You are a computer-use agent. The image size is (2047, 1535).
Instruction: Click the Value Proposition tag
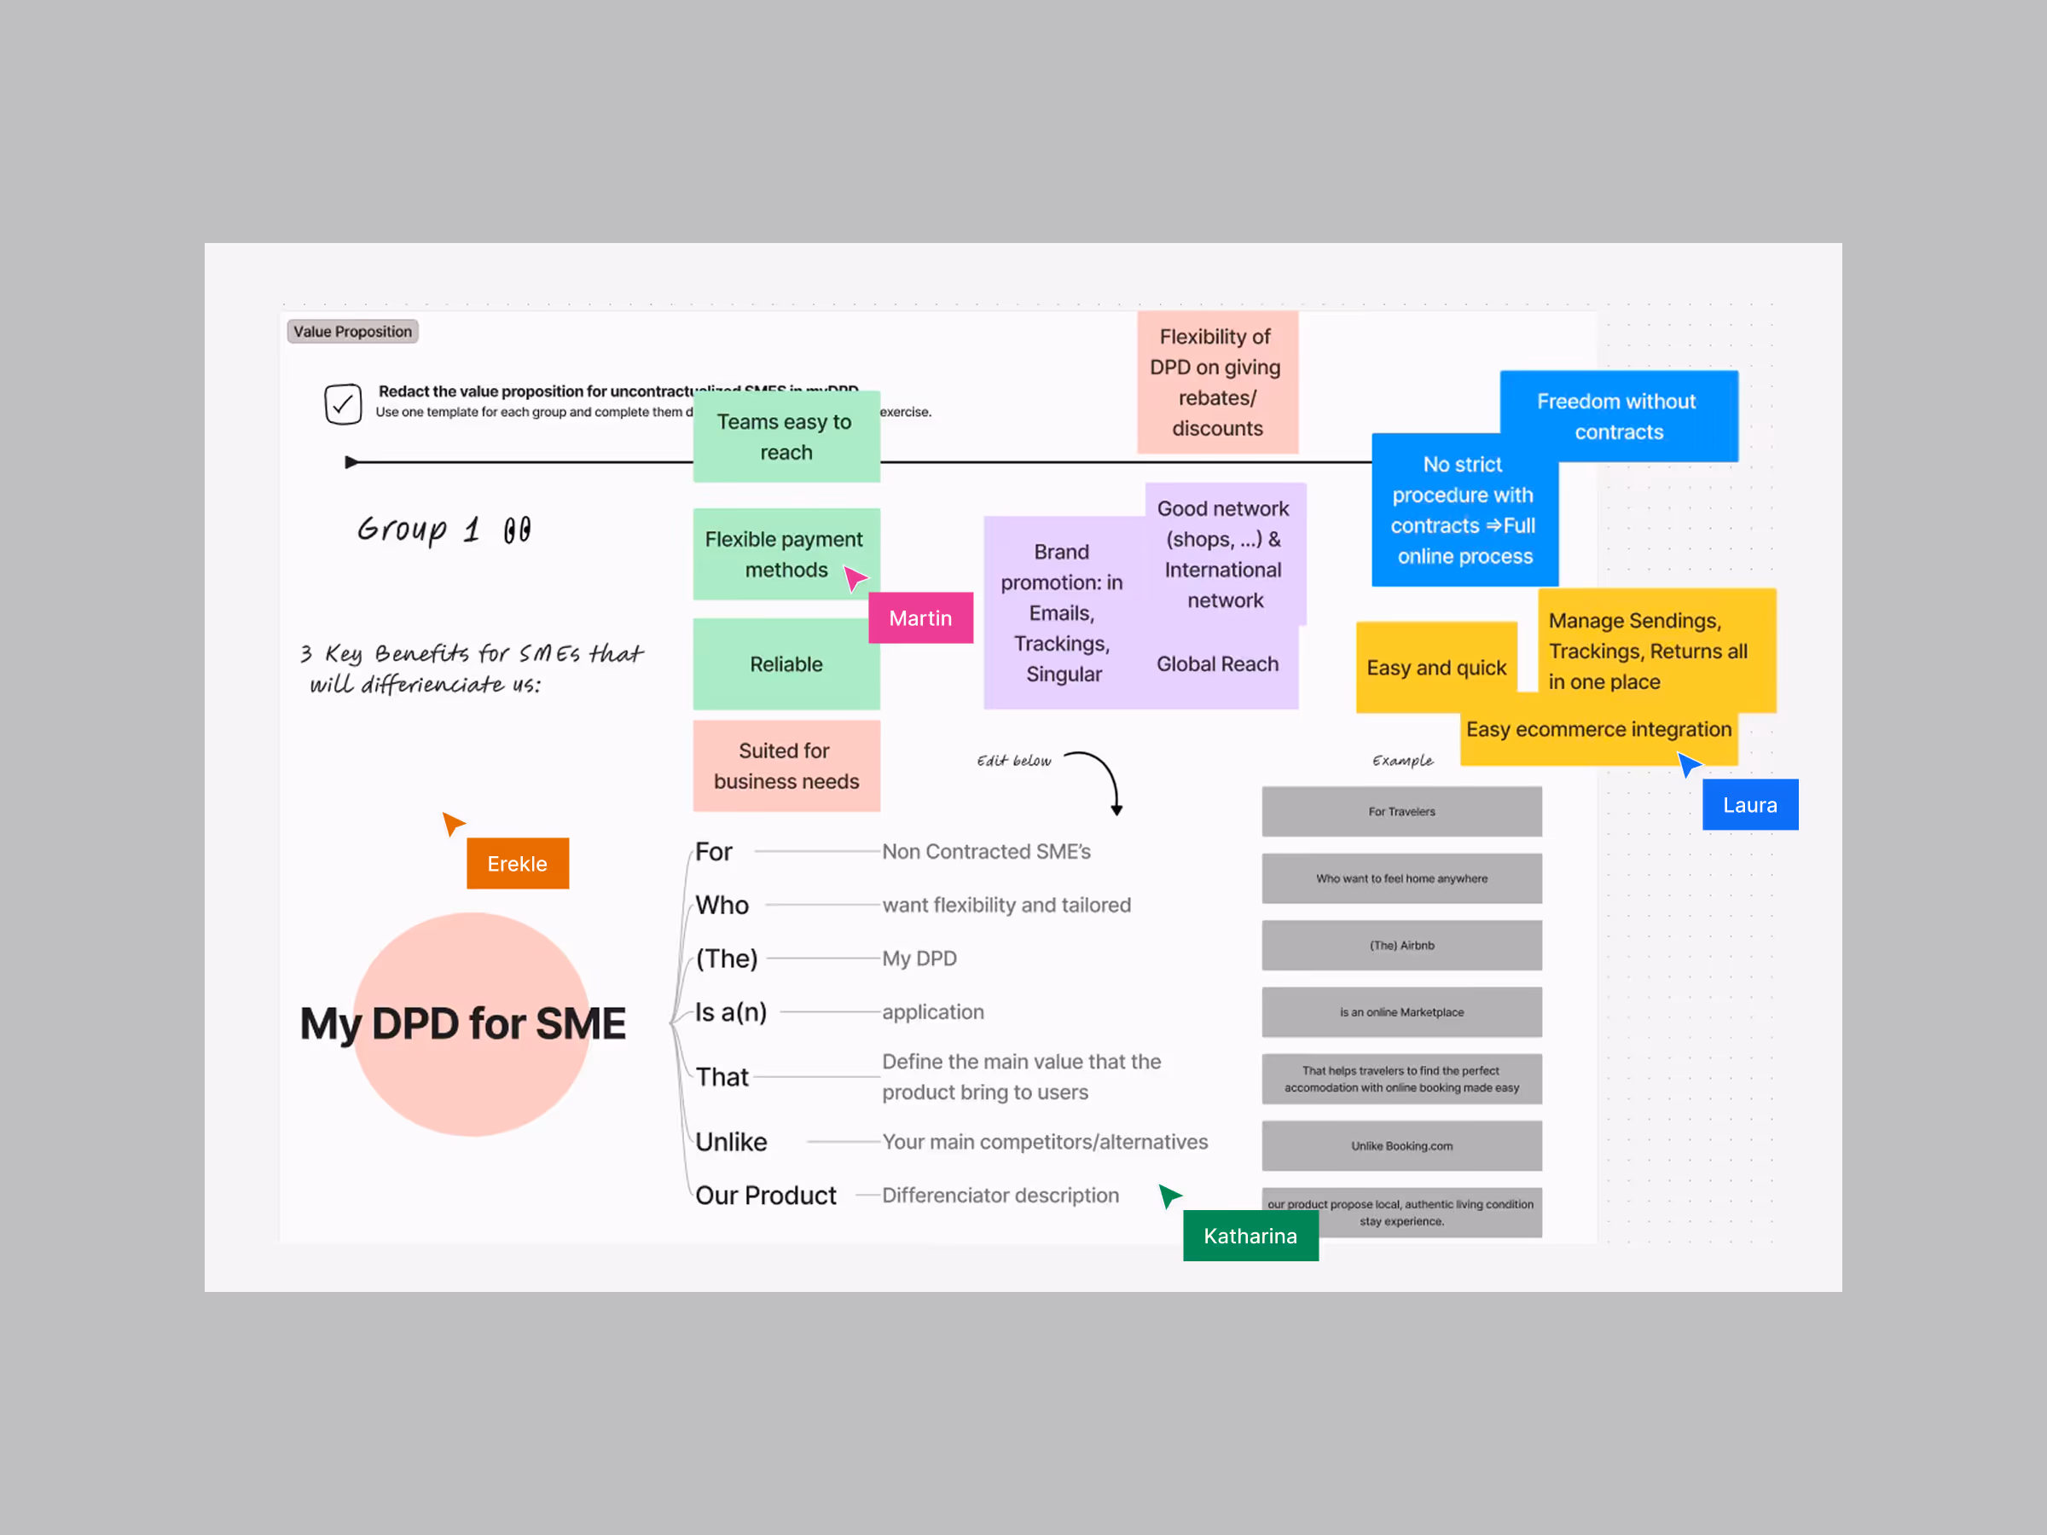352,331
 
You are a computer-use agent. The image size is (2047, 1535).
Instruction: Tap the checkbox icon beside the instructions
342,404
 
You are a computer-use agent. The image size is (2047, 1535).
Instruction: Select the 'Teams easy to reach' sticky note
786,437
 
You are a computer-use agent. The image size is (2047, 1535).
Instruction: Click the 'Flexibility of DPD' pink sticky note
1216,382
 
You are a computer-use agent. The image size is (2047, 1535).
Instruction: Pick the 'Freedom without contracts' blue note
1618,415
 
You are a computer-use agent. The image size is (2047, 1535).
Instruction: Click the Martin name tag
919,618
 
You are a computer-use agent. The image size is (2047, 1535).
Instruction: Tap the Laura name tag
1749,805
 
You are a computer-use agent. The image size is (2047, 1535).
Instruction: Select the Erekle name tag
518,863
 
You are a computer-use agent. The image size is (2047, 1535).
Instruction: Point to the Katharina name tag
1250,1237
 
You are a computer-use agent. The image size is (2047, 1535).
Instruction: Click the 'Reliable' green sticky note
786,664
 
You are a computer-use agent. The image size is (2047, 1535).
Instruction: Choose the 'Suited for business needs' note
786,766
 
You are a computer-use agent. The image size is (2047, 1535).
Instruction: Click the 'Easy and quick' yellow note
1435,668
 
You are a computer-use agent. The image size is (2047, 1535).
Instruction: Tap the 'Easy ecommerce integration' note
1598,730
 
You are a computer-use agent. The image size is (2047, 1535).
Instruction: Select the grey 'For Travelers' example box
1401,812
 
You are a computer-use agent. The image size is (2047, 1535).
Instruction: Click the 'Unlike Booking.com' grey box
1401,1145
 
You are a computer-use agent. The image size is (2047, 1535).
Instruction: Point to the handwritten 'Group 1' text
444,530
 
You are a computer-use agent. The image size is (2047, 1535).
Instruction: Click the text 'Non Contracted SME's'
986,851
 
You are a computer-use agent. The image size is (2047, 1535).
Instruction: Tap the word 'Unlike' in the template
731,1142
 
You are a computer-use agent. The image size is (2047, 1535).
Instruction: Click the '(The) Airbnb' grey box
1401,946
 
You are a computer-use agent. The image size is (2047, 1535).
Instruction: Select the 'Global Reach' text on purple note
1217,664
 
